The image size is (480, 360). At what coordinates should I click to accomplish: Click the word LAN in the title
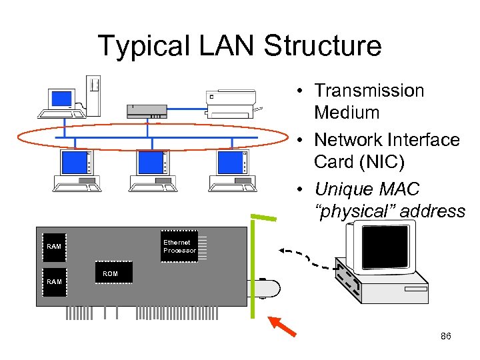[x=226, y=45]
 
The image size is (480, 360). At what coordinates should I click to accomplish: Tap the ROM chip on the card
[x=114, y=272]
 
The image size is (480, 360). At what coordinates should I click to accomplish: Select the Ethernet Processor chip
[x=179, y=246]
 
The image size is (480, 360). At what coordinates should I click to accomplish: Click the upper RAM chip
[x=54, y=247]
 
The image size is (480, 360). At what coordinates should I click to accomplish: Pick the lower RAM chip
[x=55, y=282]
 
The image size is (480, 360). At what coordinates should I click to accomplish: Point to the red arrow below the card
[x=282, y=327]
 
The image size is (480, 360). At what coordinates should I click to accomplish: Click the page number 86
[x=446, y=336]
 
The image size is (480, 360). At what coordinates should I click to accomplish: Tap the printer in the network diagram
[x=232, y=104]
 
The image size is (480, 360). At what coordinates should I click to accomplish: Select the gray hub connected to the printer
[x=147, y=111]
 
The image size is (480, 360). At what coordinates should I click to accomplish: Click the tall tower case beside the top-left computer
[x=93, y=96]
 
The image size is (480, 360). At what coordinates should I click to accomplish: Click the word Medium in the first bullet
[x=347, y=113]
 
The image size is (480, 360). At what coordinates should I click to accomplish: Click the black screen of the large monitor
[x=385, y=247]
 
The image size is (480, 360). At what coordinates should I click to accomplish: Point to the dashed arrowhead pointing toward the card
[x=282, y=251]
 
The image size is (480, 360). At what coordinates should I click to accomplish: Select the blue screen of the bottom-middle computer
[x=151, y=162]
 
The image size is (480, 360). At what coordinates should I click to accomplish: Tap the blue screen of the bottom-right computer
[x=230, y=162]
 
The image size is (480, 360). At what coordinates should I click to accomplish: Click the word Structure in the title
[x=323, y=45]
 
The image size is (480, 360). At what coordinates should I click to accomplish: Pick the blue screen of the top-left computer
[x=61, y=99]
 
